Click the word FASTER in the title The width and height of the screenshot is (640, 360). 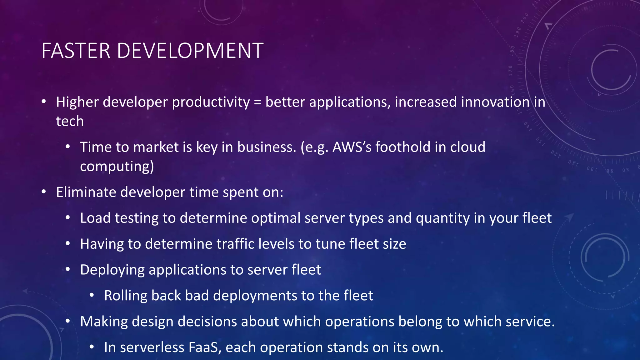coord(76,51)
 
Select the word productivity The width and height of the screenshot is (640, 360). coord(211,102)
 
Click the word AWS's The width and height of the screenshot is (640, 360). coord(352,147)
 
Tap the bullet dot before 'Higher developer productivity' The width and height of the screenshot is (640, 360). coord(44,102)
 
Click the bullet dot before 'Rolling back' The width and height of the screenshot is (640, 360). coord(92,295)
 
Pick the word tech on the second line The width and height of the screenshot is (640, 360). coord(70,121)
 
